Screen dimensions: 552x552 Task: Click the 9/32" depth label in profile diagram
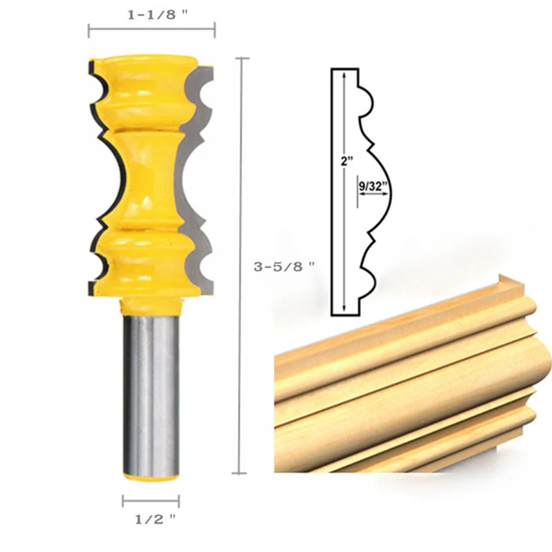click(373, 185)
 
